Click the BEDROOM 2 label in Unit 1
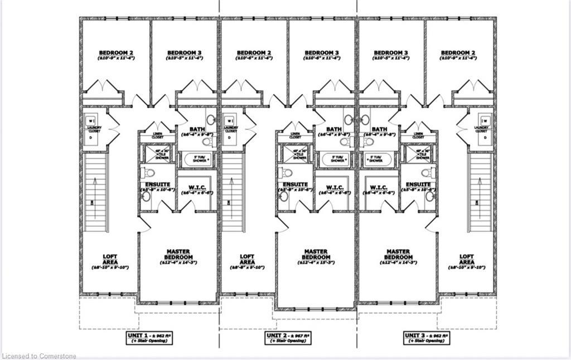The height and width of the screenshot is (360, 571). coord(115,53)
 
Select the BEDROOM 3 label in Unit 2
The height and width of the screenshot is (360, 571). coord(322,53)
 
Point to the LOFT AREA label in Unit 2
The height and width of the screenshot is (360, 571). coord(247,260)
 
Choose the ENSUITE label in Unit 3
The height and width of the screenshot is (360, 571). coord(418,184)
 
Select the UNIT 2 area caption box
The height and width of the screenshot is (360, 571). coord(288,338)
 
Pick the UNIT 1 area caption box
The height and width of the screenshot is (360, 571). coord(150,338)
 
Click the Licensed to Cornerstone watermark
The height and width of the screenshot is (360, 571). coord(39,356)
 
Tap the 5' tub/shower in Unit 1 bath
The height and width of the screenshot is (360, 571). coord(196,159)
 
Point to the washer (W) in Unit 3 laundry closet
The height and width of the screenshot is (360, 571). coord(484,120)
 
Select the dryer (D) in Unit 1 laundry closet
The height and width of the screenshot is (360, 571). coord(91,137)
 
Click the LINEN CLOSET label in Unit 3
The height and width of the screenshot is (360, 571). coord(418,135)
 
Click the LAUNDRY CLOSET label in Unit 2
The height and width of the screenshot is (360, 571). coord(230,129)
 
